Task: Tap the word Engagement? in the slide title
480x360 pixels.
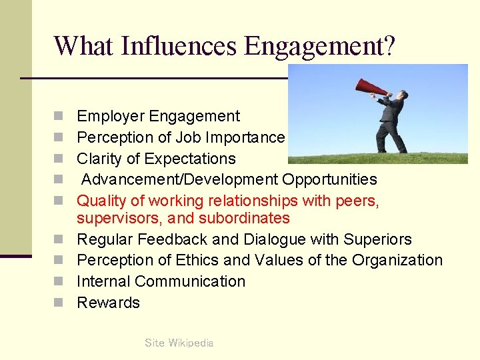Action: tap(320, 46)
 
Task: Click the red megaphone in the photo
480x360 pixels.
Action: tap(371, 87)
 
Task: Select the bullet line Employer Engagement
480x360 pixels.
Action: tap(158, 116)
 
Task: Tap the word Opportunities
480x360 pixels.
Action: tap(329, 179)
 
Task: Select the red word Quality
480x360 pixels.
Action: tap(101, 201)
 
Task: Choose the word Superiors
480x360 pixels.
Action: tap(378, 239)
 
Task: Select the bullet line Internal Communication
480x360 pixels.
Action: tap(161, 281)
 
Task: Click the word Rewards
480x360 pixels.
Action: tap(108, 303)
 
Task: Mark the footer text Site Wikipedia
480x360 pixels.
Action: tap(179, 343)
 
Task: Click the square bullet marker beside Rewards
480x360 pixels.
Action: tap(59, 303)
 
